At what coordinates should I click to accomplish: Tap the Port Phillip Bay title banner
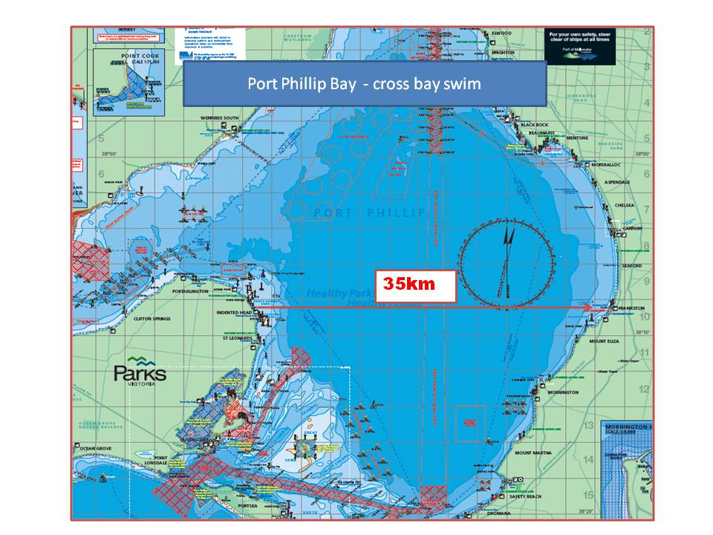(365, 84)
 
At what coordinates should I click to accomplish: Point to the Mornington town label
(563, 392)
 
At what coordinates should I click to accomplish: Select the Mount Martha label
(533, 453)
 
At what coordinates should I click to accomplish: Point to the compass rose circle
(507, 259)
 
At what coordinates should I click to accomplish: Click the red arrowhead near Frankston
(588, 307)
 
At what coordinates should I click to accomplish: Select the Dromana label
(517, 513)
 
